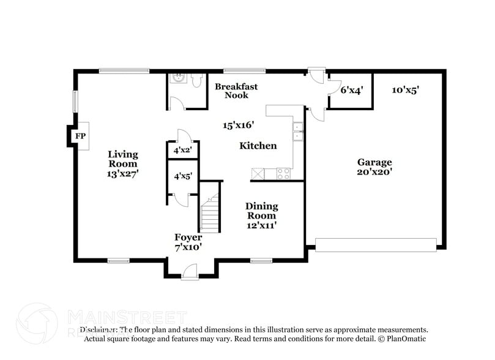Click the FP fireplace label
coord(80,137)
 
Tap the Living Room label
coord(123,159)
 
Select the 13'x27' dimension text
coord(123,174)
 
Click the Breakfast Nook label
coord(236,91)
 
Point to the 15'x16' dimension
coord(238,125)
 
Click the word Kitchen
coord(258,146)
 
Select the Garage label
coord(374,162)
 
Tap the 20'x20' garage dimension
coord(374,173)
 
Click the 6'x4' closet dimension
coord(352,90)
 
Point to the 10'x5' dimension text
coord(405,90)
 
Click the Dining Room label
coord(261,211)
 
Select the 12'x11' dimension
coord(261,225)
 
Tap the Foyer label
coord(188,238)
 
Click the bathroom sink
coord(178,78)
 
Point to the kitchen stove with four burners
coord(283,174)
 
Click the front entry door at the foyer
coord(190,272)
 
